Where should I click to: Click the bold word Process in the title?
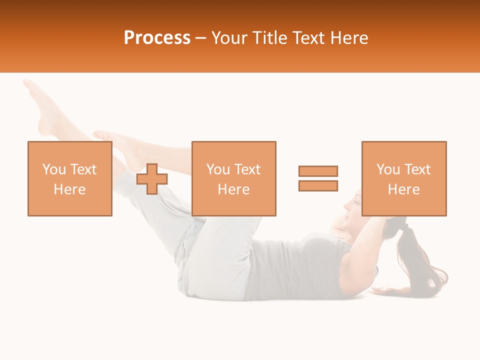click(157, 38)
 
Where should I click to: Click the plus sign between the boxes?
click(152, 179)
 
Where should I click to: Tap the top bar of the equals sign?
click(318, 171)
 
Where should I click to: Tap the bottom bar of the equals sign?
click(318, 185)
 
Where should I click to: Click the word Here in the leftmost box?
click(69, 189)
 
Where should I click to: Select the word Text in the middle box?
click(248, 169)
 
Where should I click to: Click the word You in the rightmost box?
click(388, 169)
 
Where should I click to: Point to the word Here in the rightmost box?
click(403, 189)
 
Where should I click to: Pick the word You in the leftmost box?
click(54, 169)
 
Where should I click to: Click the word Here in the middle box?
click(233, 189)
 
